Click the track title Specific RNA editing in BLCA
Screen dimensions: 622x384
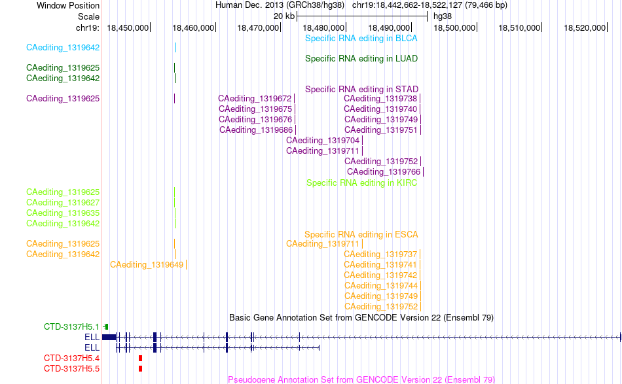[x=361, y=39]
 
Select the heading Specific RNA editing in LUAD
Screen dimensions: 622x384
[x=361, y=59]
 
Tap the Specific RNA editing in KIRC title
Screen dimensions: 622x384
[x=362, y=183]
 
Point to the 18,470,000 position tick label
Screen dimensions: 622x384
[x=258, y=27]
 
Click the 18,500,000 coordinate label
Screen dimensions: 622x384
[x=454, y=27]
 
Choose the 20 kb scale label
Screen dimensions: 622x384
[x=284, y=16]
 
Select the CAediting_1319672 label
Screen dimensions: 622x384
[x=255, y=98]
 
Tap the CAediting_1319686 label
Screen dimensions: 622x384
[x=256, y=130]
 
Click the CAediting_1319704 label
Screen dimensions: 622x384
[x=323, y=140]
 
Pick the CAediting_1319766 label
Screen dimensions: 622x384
[x=384, y=171]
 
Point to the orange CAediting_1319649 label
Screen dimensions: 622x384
[x=147, y=264]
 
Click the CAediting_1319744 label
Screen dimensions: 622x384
[x=381, y=285]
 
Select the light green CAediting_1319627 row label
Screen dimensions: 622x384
[x=63, y=203]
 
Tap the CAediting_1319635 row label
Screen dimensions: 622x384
[x=63, y=213]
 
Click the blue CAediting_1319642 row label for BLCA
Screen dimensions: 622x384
[x=63, y=48]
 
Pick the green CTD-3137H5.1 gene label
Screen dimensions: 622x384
[x=71, y=327]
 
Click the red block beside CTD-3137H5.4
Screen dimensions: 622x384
[x=140, y=358]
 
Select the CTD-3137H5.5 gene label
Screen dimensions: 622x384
[x=71, y=368]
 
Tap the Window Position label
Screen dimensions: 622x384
[x=68, y=5]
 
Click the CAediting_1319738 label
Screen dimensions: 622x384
[x=380, y=98]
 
